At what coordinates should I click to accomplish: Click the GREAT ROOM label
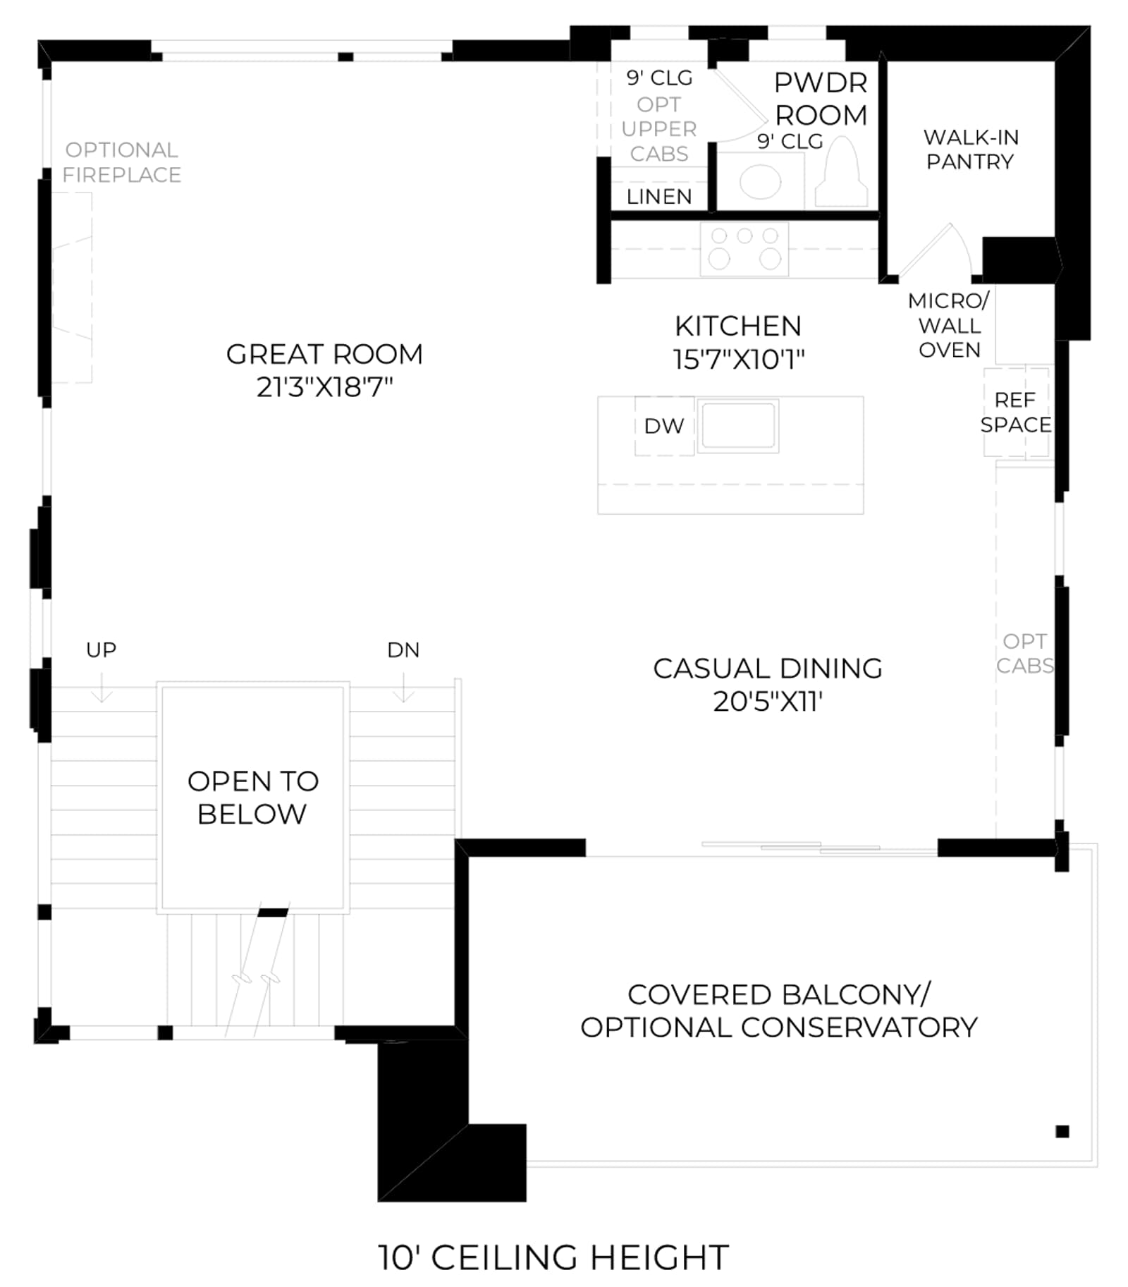pyautogui.click(x=324, y=354)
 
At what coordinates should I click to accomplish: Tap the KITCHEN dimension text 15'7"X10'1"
pyautogui.click(x=738, y=359)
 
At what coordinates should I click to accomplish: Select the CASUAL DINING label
pyautogui.click(x=768, y=669)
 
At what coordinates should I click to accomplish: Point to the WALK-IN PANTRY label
pyautogui.click(x=971, y=150)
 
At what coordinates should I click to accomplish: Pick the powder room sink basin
pyautogui.click(x=760, y=182)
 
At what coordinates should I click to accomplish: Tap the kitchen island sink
pyautogui.click(x=738, y=425)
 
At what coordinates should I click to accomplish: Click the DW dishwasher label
pyautogui.click(x=664, y=426)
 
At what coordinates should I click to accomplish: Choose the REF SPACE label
pyautogui.click(x=1016, y=413)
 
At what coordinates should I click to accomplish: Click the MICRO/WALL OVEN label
pyautogui.click(x=949, y=326)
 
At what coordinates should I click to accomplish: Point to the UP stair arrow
pyautogui.click(x=102, y=688)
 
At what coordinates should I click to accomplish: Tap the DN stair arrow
pyautogui.click(x=403, y=688)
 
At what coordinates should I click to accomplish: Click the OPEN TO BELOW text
pyautogui.click(x=252, y=798)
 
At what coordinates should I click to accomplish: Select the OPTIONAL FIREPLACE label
pyautogui.click(x=121, y=162)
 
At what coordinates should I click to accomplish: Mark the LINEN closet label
pyautogui.click(x=659, y=197)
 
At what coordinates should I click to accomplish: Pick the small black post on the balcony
pyautogui.click(x=1062, y=1131)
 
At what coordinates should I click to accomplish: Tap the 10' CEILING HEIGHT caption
pyautogui.click(x=553, y=1257)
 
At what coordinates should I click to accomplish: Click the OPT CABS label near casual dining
pyautogui.click(x=1025, y=653)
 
